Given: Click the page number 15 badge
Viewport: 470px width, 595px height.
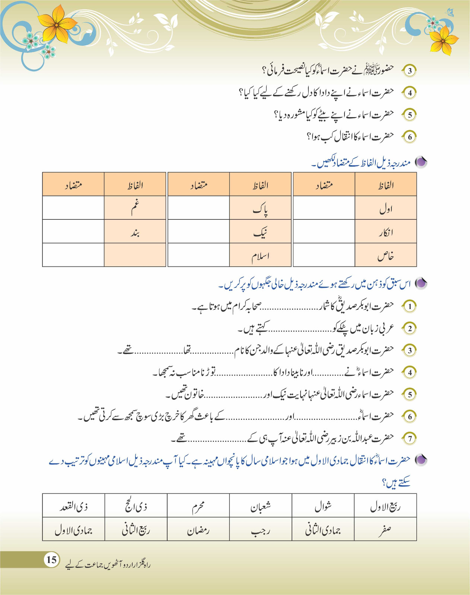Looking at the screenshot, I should [x=51, y=559].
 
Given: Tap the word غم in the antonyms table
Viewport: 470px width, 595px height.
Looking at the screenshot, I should [x=135, y=208].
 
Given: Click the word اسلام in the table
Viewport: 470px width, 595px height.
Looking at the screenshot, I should [x=260, y=256].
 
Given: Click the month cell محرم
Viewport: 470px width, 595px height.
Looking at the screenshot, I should [x=198, y=506].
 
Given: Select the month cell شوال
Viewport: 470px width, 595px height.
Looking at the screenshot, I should [x=323, y=506].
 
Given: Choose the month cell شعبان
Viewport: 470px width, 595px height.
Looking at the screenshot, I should [x=260, y=506].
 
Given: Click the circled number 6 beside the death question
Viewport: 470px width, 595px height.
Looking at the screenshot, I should [x=410, y=136].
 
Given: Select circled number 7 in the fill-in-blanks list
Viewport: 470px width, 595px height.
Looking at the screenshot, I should [x=410, y=438].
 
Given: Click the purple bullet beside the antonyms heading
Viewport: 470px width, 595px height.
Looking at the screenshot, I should [x=421, y=162].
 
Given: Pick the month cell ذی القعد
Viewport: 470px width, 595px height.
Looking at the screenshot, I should [x=73, y=506].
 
